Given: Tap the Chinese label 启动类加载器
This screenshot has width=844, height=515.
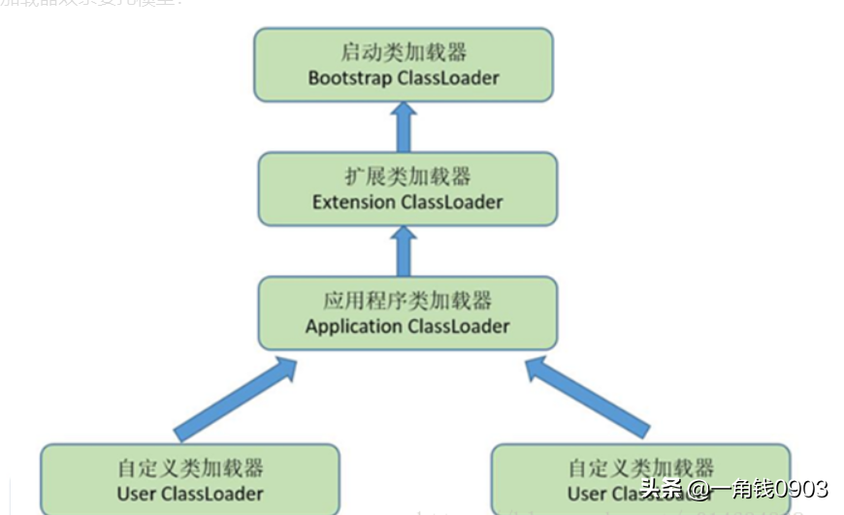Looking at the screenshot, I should [404, 51].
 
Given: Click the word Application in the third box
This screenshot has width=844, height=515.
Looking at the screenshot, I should [353, 327].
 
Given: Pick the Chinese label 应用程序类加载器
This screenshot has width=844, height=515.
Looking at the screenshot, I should [407, 300].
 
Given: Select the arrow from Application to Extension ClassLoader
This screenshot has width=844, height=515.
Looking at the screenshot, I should [405, 249].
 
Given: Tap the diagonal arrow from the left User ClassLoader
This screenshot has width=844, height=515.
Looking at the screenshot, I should [236, 398].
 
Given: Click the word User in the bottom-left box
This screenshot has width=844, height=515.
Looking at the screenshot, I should [137, 495].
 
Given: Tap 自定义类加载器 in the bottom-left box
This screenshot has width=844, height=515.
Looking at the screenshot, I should [190, 468].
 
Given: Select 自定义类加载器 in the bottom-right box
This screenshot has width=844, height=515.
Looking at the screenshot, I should [641, 468].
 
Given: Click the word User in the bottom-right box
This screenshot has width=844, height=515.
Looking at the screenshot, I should [587, 495].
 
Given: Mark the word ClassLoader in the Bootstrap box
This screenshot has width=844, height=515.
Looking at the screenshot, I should [448, 78].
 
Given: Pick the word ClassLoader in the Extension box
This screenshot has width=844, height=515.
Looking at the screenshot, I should [452, 203].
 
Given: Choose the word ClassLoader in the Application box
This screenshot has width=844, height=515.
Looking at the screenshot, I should [459, 327].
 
